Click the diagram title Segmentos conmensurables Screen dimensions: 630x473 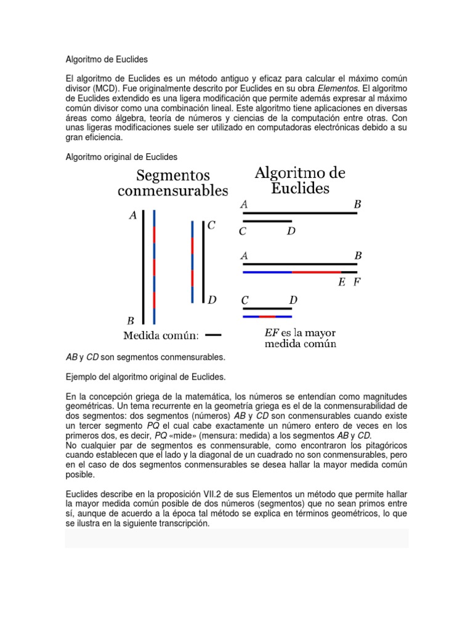172,183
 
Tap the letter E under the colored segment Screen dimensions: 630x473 342,283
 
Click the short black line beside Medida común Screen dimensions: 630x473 213,335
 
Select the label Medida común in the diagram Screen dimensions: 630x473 161,335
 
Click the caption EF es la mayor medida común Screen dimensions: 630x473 301,338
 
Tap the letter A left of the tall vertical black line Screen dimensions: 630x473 132,216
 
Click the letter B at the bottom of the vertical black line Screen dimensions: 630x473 131,321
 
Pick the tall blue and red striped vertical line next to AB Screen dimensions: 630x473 154,266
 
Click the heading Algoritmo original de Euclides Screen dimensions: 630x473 121,157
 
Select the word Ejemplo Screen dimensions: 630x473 81,376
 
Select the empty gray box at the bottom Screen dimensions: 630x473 236,538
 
